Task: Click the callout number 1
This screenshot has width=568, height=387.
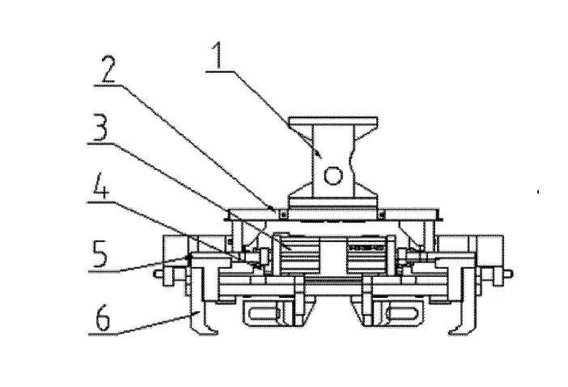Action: tap(218, 55)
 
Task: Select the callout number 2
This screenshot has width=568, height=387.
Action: tap(108, 69)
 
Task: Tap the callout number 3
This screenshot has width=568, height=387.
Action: tap(100, 127)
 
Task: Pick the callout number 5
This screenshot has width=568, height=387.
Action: tap(100, 253)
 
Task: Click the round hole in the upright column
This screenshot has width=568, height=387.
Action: tap(333, 176)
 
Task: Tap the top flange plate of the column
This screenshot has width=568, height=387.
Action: tap(333, 121)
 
